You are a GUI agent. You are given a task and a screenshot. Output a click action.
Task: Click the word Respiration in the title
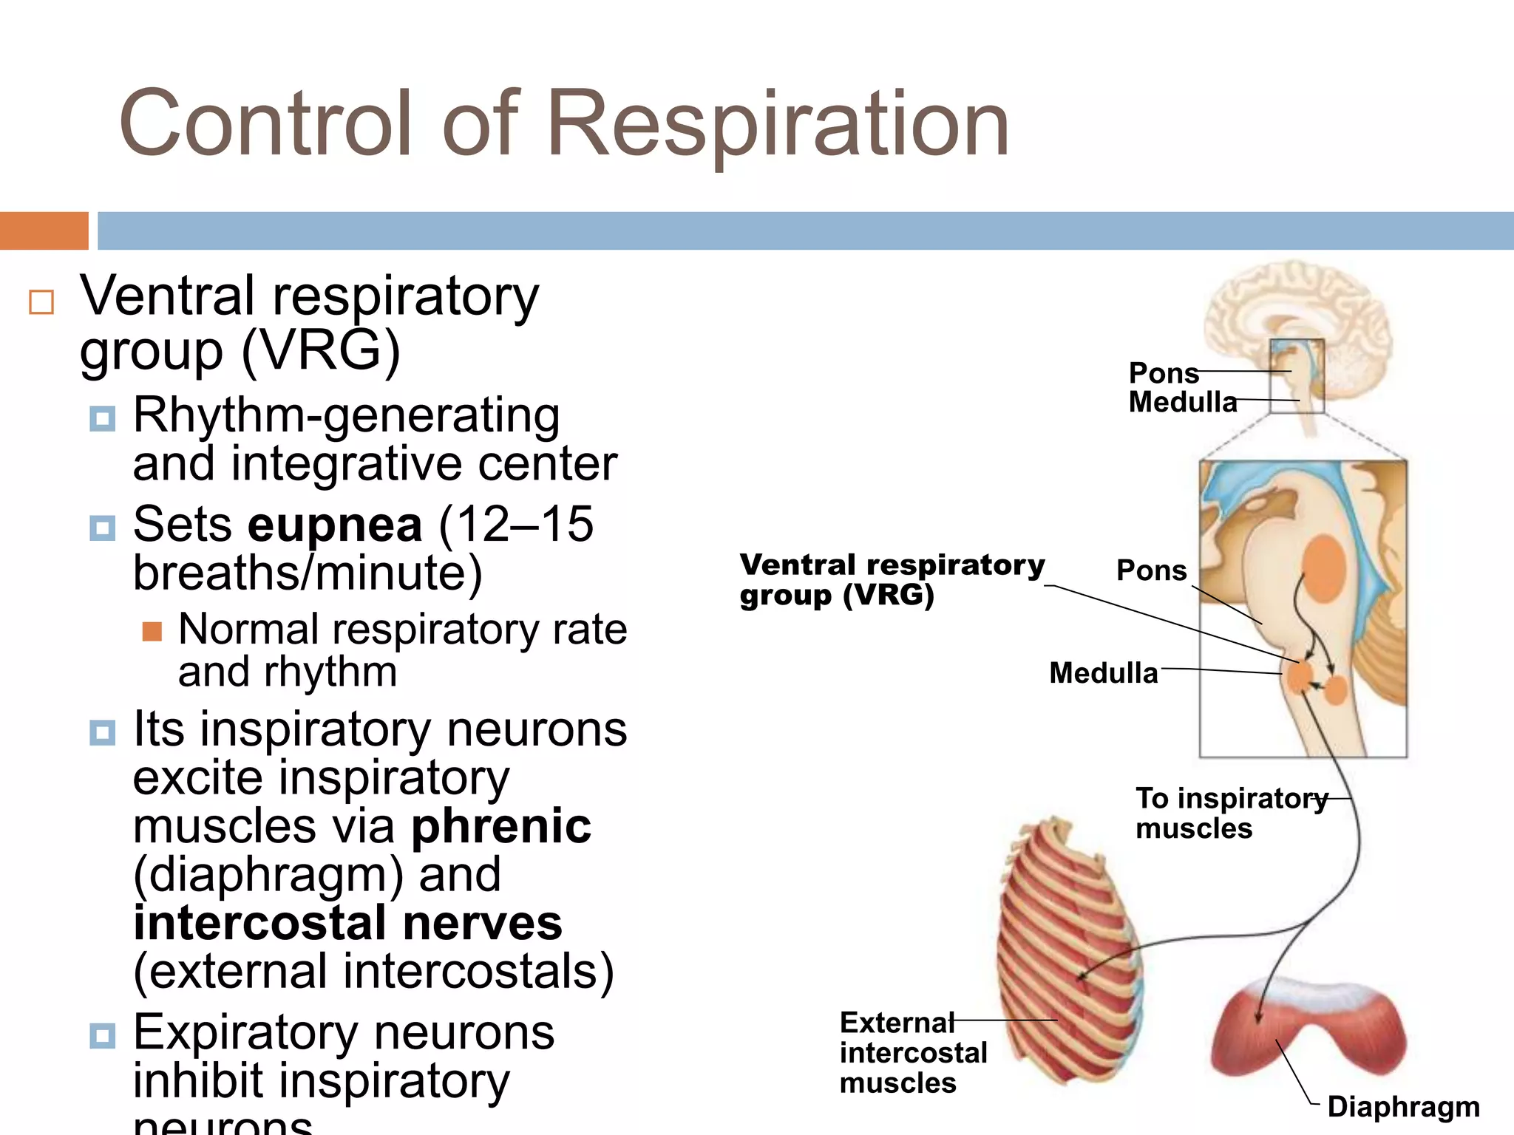point(778,124)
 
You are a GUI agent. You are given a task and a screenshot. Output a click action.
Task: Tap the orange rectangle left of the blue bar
point(44,231)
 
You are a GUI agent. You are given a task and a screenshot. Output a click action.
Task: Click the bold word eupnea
point(334,525)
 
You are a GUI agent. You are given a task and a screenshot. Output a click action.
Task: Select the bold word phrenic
point(501,826)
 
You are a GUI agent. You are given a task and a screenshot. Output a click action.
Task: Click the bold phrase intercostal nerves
point(347,923)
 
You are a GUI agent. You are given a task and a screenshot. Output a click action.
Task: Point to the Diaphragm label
point(1403,1107)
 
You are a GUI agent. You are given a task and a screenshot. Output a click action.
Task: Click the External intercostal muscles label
point(912,1053)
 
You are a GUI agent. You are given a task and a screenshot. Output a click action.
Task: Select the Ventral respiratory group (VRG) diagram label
point(891,580)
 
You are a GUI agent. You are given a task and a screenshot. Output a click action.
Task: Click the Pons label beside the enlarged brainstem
point(1151,570)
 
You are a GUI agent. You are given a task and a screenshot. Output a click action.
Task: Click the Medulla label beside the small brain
point(1182,403)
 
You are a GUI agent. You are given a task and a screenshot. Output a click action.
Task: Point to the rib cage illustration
point(1068,953)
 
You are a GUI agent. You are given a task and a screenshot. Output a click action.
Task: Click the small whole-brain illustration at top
point(1297,318)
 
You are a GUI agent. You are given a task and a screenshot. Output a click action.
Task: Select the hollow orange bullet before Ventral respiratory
point(41,302)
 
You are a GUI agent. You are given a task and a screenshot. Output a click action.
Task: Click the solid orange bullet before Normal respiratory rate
point(152,631)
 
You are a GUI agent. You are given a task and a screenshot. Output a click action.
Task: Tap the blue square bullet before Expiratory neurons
point(102,1035)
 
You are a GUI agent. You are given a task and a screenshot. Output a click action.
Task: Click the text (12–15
point(515,525)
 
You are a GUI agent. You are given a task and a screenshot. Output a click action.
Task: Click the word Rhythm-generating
point(346,416)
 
